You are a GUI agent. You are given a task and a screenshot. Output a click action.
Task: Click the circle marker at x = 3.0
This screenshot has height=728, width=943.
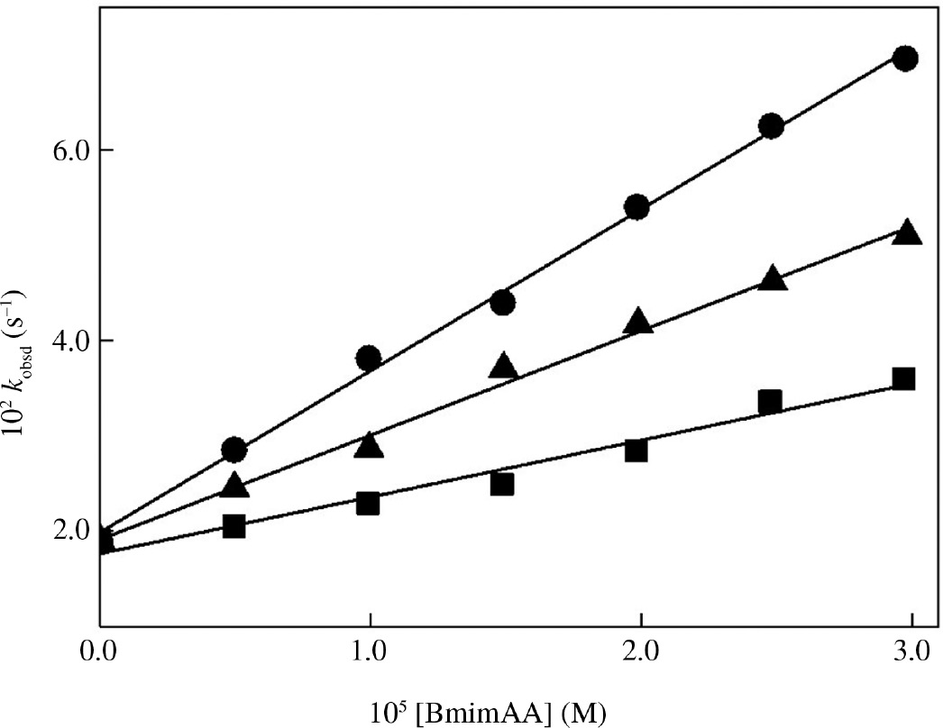904,59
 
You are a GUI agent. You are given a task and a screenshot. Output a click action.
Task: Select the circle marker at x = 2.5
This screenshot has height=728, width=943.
771,126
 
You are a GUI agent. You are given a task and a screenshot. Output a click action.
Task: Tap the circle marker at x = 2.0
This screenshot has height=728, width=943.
636,207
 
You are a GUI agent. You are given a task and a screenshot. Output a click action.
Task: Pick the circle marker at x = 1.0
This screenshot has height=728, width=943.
369,359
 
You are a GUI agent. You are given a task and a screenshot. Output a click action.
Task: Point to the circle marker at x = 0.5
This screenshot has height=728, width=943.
233,449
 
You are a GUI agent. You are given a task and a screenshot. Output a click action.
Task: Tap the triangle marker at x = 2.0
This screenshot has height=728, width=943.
638,322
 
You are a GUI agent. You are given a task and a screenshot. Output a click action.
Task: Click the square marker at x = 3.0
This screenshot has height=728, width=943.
903,378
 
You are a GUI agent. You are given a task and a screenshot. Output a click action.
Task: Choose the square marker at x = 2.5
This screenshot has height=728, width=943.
769,402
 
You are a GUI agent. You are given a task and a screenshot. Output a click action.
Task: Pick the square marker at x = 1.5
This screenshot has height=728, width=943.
502,485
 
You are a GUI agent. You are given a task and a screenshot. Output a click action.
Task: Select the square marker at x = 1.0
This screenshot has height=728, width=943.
368,504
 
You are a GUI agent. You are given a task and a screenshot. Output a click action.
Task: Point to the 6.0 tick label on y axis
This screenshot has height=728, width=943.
68,150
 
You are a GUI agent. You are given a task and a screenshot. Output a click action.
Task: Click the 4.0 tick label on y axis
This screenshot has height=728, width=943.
68,341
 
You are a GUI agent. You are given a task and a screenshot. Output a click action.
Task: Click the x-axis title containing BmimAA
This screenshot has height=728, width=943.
505,712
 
